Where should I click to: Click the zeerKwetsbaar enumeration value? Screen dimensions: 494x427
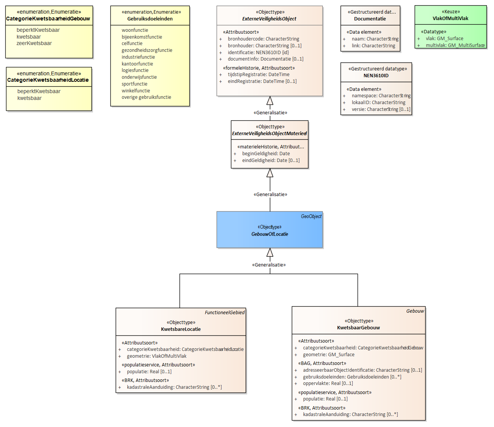pyautogui.click(x=34, y=43)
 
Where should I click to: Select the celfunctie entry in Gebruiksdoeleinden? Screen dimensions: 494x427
pyautogui.click(x=132, y=43)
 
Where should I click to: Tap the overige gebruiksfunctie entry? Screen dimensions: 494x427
pyautogui.click(x=146, y=97)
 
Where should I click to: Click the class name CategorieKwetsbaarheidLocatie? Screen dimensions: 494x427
pyautogui.click(x=48, y=80)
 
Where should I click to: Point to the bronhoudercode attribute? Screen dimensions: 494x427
pyautogui.click(x=263, y=39)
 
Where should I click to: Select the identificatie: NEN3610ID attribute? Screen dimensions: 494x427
pyautogui.click(x=259, y=52)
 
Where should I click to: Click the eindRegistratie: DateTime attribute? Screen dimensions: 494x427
pyautogui.click(x=262, y=81)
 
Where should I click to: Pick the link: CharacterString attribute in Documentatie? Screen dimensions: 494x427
pyautogui.click(x=373, y=46)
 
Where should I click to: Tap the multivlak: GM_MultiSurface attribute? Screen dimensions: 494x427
pyautogui.click(x=455, y=45)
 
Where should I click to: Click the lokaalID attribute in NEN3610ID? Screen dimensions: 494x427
pyautogui.click(x=379, y=103)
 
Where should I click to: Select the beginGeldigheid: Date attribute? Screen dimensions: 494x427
pyautogui.click(x=266, y=154)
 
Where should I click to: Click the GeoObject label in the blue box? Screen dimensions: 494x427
pyautogui.click(x=311, y=217)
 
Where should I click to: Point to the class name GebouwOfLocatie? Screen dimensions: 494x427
pyautogui.click(x=269, y=234)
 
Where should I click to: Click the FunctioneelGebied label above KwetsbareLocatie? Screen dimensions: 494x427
pyautogui.click(x=225, y=312)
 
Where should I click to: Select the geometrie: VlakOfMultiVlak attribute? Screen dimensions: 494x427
pyautogui.click(x=156, y=356)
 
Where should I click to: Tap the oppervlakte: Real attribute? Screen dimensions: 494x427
pyautogui.click(x=328, y=383)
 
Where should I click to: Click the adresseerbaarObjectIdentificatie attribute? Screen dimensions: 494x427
pyautogui.click(x=362, y=370)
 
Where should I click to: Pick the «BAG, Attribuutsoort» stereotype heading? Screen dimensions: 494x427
pyautogui.click(x=322, y=363)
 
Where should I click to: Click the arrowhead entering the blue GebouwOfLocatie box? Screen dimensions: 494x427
pyautogui.click(x=270, y=252)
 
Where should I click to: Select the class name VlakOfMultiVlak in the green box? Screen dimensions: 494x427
pyautogui.click(x=451, y=19)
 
